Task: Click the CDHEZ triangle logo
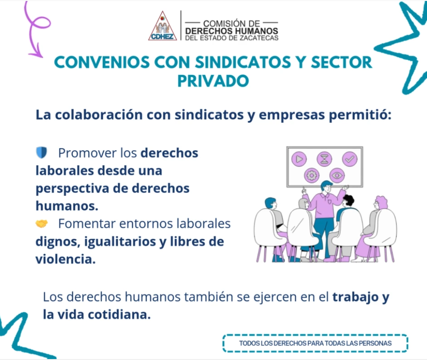click(x=162, y=26)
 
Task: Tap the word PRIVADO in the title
click(x=213, y=81)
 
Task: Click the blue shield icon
click(x=41, y=152)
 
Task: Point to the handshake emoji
click(x=41, y=224)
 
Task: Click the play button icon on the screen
click(x=299, y=159)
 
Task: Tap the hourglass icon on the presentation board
click(x=324, y=159)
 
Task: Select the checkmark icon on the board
click(x=350, y=159)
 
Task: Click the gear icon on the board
click(x=312, y=175)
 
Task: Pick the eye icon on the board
click(x=337, y=175)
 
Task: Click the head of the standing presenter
click(x=327, y=187)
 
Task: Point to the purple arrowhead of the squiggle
click(x=36, y=53)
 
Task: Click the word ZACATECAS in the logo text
click(x=259, y=38)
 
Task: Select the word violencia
click(x=66, y=259)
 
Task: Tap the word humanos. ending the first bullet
click(x=67, y=206)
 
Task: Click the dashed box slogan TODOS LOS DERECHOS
click(x=315, y=343)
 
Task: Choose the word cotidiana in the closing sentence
click(x=119, y=315)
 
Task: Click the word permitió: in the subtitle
click(x=360, y=115)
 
